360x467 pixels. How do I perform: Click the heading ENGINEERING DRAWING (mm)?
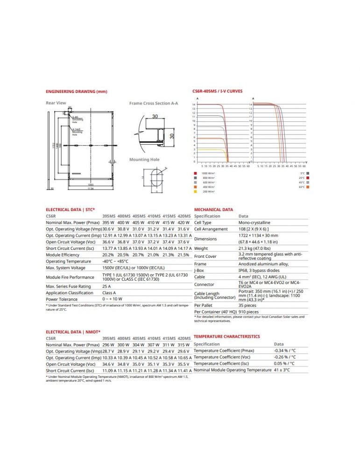(x=76, y=91)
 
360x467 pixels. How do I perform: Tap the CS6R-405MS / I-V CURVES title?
(x=217, y=91)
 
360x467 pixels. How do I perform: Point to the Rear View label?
(x=56, y=103)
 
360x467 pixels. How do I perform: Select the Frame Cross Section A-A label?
(x=153, y=103)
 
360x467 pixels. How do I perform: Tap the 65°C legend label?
(x=302, y=187)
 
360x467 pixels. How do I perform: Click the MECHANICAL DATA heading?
(x=213, y=210)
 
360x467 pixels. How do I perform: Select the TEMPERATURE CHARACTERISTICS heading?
(x=226, y=336)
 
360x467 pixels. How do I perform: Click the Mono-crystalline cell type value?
(x=254, y=223)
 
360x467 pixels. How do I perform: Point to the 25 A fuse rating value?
(x=106, y=286)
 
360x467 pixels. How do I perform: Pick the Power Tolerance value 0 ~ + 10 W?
(x=113, y=299)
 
